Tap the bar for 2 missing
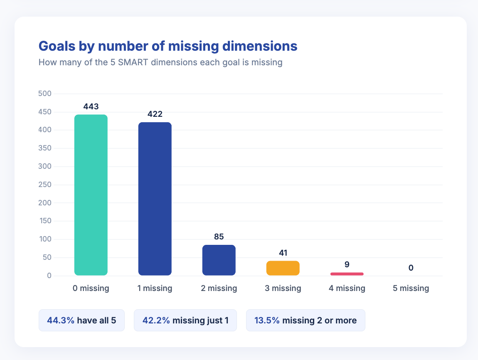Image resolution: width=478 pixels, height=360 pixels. pyautogui.click(x=219, y=260)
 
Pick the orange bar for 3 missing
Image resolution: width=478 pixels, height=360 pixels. pyautogui.click(x=283, y=268)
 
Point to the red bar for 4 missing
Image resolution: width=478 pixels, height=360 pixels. pyautogui.click(x=347, y=274)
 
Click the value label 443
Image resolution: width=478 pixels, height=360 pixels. pyautogui.click(x=91, y=106)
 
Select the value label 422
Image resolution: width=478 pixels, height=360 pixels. pyautogui.click(x=155, y=114)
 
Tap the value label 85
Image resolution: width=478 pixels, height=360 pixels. pyautogui.click(x=219, y=237)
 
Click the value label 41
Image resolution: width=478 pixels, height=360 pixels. pyautogui.click(x=283, y=253)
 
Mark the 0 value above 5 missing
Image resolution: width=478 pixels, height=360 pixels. pyautogui.click(x=411, y=268)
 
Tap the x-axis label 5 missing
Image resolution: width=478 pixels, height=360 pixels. pyautogui.click(x=411, y=288)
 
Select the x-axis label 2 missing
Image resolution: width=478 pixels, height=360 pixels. pyautogui.click(x=219, y=288)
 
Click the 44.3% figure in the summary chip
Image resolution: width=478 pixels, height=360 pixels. pyautogui.click(x=61, y=321)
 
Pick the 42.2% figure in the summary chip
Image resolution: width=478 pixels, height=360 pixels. pyautogui.click(x=156, y=321)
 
